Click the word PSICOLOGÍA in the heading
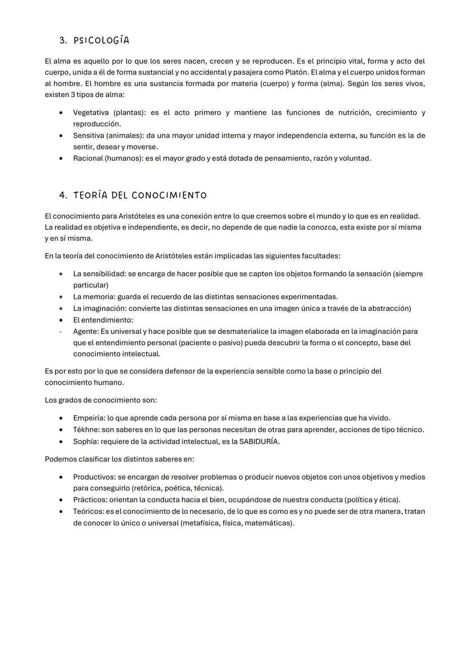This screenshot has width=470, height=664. tap(101, 40)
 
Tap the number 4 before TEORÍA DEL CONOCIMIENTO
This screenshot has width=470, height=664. tap(63, 195)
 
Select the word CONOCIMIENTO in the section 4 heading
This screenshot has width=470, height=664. tap(169, 195)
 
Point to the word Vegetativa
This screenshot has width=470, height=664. tap(91, 113)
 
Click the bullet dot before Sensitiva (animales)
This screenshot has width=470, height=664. tap(62, 136)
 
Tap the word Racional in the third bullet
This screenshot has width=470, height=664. tap(88, 158)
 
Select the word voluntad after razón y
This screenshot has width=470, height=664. tap(355, 158)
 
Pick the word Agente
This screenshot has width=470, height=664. tap(85, 331)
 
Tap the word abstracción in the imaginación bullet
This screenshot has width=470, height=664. tap(387, 308)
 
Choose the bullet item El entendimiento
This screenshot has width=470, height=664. tap(103, 320)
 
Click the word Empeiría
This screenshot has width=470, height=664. tap(89, 418)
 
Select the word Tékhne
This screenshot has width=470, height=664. tap(86, 430)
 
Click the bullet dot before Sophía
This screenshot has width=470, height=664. tap(62, 441)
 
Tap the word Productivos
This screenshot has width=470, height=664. tap(94, 477)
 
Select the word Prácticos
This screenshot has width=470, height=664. tap(89, 500)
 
